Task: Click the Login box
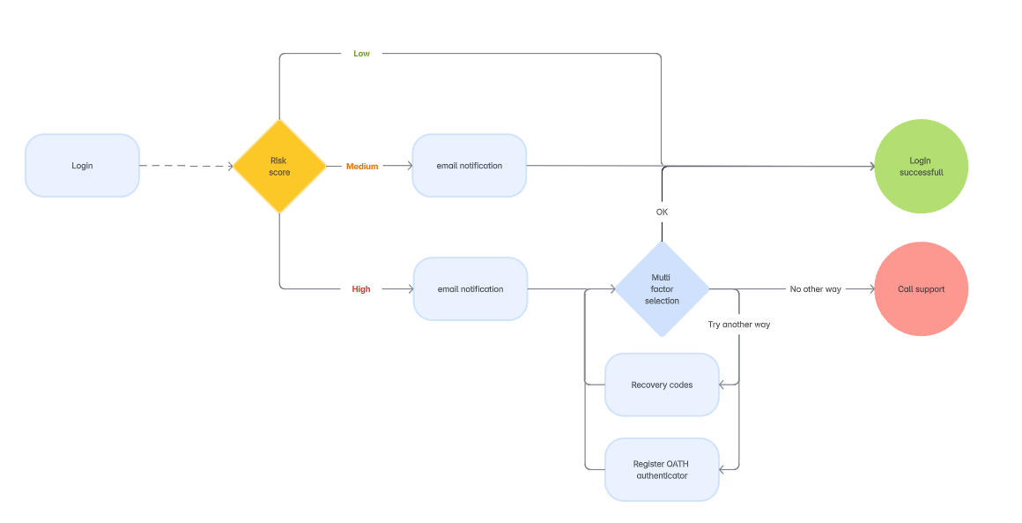82,166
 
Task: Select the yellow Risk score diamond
279,166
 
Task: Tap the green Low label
361,54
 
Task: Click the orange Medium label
361,167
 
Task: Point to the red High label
361,289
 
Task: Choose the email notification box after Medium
469,166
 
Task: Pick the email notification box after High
470,289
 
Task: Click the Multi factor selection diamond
662,289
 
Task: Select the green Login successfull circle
921,167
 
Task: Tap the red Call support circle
921,289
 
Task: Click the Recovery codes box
662,385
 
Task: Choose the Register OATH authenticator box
662,469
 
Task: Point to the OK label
662,213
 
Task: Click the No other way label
815,289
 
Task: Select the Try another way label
738,325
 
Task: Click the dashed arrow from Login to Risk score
185,166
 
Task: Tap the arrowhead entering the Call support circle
870,289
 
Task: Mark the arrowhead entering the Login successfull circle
870,166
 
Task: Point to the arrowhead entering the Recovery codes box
723,385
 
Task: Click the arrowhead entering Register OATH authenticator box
723,469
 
